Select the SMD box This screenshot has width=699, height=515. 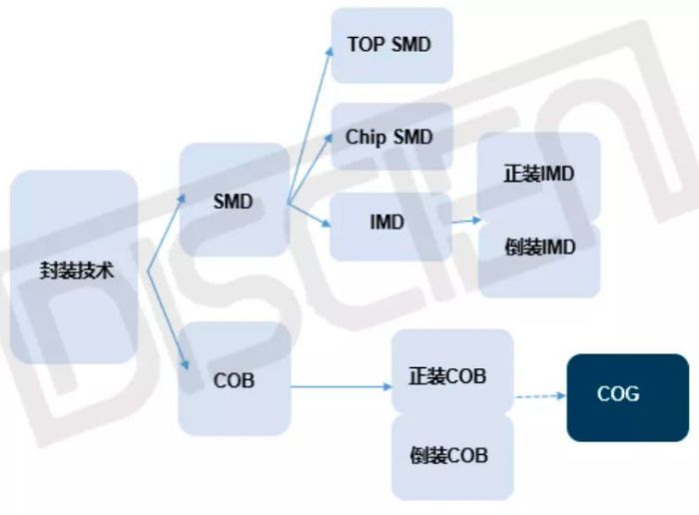click(234, 201)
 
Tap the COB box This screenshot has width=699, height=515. click(234, 378)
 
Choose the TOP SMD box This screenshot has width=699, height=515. click(390, 45)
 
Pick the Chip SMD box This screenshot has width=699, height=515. click(390, 137)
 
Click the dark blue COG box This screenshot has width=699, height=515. click(627, 396)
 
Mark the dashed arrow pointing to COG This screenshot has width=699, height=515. click(539, 397)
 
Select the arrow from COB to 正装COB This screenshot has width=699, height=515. click(340, 385)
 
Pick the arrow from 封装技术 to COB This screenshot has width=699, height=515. click(166, 319)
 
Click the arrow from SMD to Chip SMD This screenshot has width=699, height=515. click(310, 170)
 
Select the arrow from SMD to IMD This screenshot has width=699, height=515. click(310, 214)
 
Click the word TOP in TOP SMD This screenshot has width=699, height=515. click(366, 45)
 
